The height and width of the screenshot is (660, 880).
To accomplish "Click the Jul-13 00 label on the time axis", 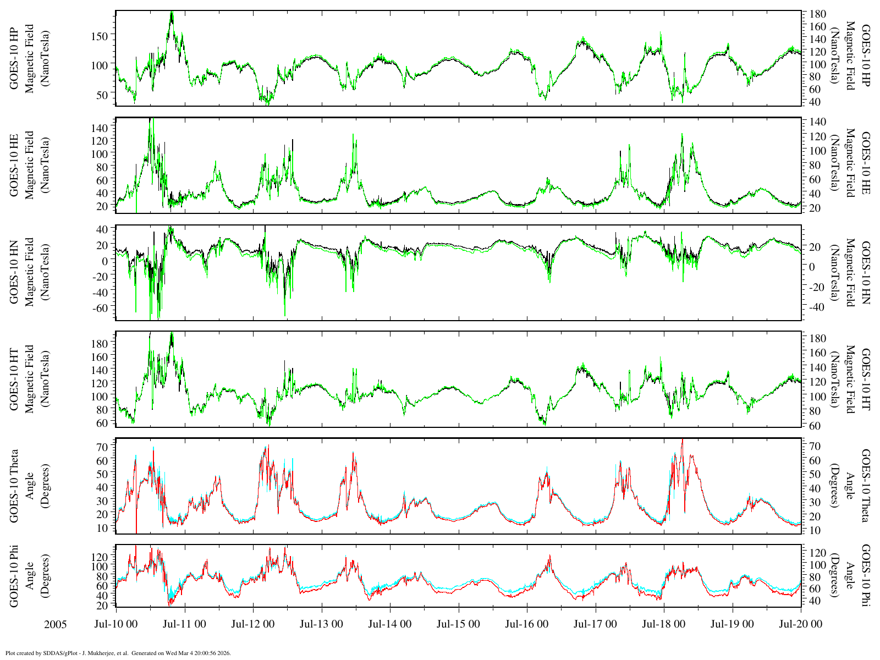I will (321, 624).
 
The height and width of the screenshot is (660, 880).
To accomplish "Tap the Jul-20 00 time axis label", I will (800, 624).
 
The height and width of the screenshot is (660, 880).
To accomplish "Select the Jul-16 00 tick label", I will (526, 624).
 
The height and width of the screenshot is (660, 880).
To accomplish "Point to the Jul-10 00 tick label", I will (116, 624).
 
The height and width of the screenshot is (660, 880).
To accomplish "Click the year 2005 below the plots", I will (55, 625).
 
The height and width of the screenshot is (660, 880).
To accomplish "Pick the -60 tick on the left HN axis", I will (100, 308).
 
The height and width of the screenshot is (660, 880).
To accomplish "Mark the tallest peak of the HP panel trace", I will (172, 12).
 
